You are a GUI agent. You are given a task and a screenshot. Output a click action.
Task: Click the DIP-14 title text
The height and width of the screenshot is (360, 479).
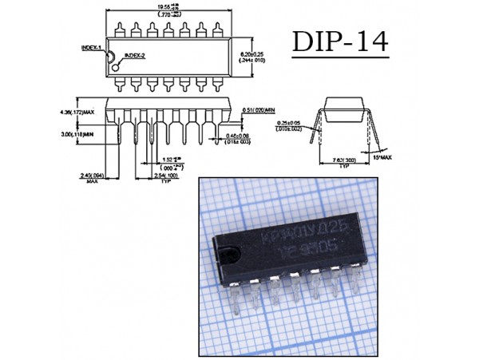340,43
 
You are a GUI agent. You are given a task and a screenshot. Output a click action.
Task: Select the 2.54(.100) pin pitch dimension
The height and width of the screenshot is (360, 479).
165,177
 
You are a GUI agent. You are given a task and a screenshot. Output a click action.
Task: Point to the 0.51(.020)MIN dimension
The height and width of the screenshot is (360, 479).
259,109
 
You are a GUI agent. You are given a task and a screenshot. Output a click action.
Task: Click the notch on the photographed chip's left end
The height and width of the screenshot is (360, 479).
229,255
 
